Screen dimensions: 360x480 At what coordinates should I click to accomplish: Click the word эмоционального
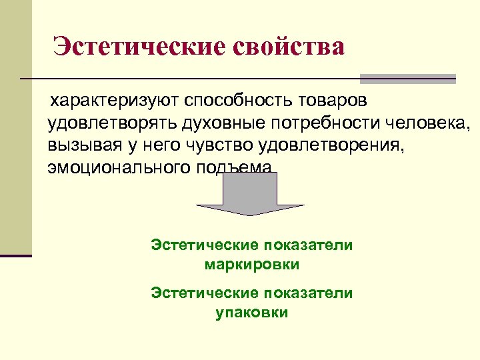[118, 167]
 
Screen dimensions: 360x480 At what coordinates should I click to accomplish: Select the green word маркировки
[252, 265]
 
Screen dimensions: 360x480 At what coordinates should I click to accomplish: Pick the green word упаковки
[252, 312]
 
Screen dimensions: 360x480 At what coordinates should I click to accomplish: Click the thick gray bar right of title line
[407, 79]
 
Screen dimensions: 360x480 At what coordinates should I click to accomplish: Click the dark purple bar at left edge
[16, 255]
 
